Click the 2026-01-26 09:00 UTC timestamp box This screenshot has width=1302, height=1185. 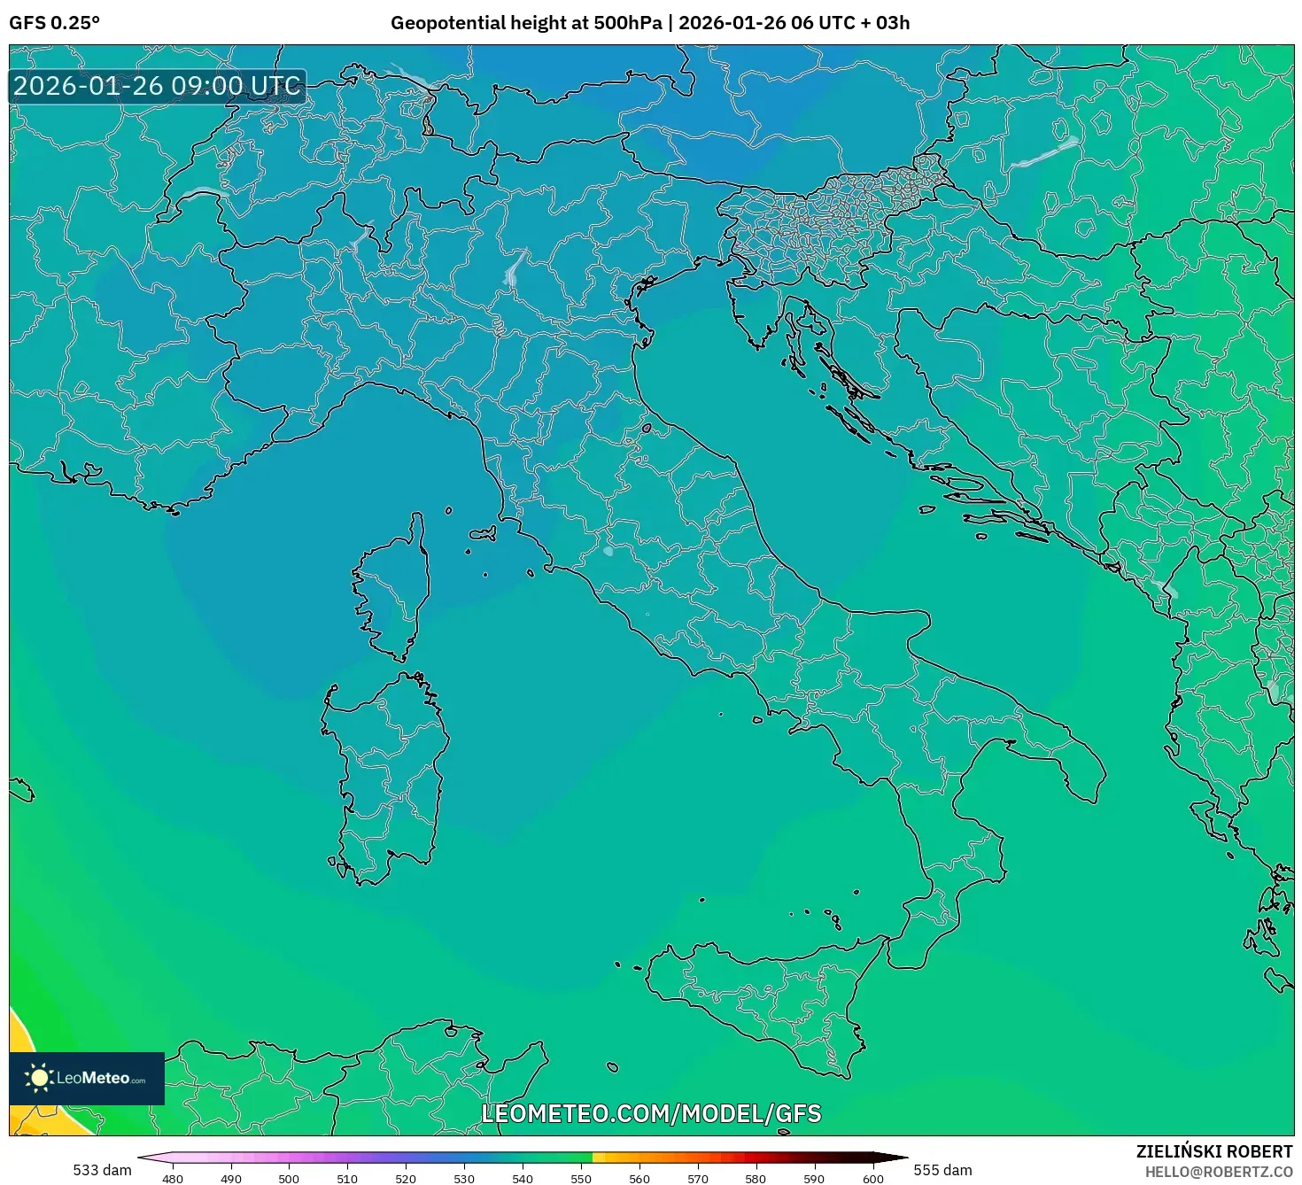[157, 86]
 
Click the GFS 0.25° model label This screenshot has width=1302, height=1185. [54, 23]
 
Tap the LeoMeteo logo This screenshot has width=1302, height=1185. [87, 1078]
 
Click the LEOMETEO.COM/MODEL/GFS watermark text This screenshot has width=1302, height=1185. [651, 1113]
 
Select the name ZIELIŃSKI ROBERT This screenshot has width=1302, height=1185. [1214, 1151]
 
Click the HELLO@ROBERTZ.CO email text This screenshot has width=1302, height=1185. [1219, 1172]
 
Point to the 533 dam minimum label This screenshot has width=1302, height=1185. [102, 1170]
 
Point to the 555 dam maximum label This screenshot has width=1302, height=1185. [942, 1170]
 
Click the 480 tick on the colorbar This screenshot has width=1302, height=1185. [173, 1178]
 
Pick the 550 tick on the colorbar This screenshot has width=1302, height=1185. [581, 1178]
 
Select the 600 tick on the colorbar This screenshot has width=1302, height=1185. [873, 1178]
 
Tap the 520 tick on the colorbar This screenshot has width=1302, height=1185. [406, 1178]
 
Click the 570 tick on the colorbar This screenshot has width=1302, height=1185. [698, 1178]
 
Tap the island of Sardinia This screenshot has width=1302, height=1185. [385, 771]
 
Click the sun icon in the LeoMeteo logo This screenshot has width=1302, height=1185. [39, 1078]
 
